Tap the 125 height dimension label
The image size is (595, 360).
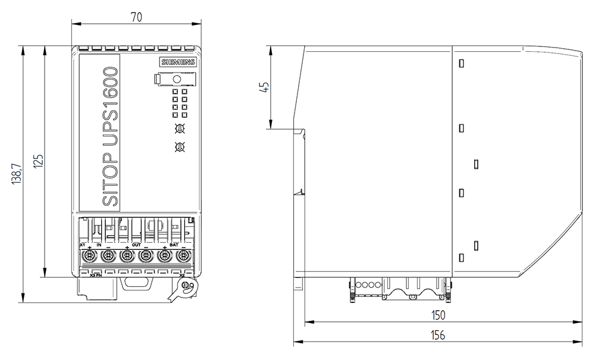[38, 162]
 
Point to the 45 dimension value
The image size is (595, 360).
[265, 87]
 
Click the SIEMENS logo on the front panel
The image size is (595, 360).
[176, 62]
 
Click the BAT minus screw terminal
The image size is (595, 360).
[183, 257]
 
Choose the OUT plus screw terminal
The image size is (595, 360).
[127, 257]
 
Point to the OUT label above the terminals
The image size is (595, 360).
[136, 245]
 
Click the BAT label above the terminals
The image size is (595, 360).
[174, 245]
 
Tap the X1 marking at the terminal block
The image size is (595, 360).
[82, 245]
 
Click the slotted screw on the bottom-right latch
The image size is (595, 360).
[186, 287]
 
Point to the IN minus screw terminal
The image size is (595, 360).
[108, 257]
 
